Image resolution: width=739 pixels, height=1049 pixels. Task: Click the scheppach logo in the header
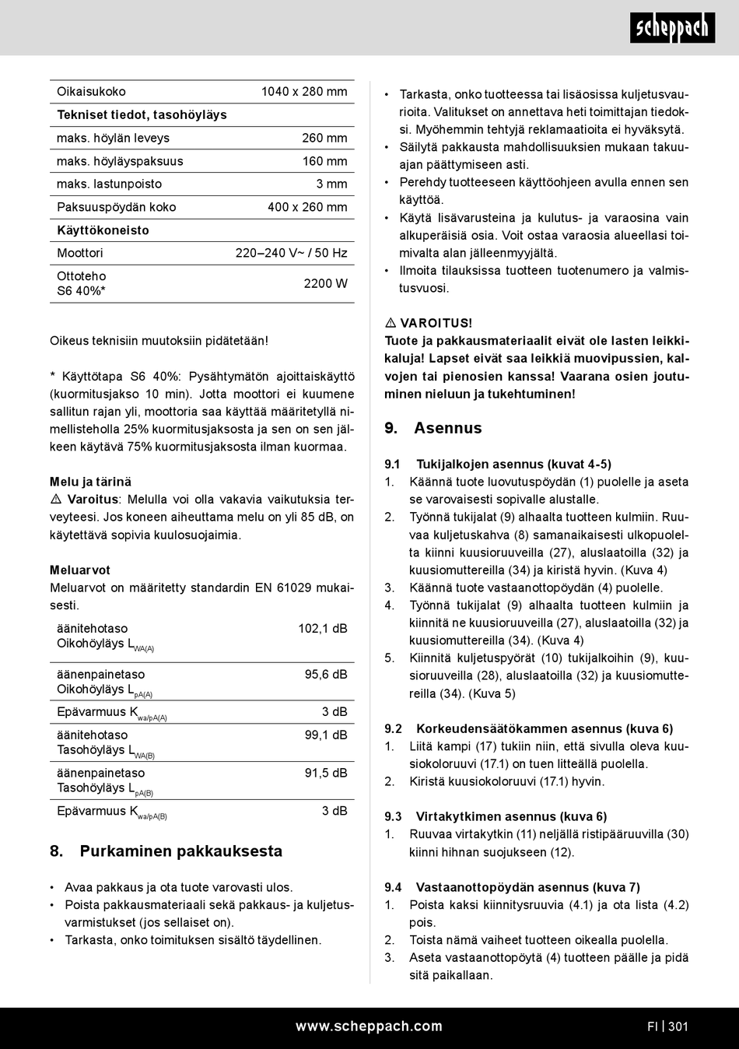[672, 29]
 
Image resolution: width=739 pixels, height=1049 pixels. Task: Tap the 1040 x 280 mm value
[304, 92]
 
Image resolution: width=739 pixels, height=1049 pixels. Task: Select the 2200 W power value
[325, 284]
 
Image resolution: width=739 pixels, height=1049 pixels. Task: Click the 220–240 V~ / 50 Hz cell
[291, 253]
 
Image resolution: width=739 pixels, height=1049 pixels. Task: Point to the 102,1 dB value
[322, 629]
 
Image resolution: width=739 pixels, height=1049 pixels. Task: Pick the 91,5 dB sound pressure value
[325, 774]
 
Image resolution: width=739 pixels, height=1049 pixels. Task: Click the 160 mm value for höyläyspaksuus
[324, 161]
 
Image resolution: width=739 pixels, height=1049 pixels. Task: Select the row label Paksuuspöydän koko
[116, 207]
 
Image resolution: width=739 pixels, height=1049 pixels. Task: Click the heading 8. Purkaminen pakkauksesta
[166, 851]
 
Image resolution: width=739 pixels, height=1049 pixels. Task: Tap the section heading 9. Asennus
[433, 428]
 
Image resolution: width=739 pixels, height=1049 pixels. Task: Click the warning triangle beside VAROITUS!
[391, 323]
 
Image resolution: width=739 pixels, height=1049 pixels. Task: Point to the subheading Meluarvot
[80, 570]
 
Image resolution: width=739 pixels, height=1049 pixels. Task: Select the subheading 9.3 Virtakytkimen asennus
[496, 816]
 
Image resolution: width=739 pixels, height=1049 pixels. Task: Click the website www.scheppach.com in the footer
[369, 1026]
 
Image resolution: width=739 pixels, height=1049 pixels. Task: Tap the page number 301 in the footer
[678, 1026]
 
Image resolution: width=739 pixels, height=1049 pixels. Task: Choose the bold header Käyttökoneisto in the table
[103, 230]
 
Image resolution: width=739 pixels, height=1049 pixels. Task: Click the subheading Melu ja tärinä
[90, 482]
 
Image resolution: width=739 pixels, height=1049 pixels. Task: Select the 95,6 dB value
[325, 675]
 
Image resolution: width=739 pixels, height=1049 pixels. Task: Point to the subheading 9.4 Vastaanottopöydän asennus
[512, 887]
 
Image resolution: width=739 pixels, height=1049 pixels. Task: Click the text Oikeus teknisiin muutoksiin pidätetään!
[159, 341]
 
